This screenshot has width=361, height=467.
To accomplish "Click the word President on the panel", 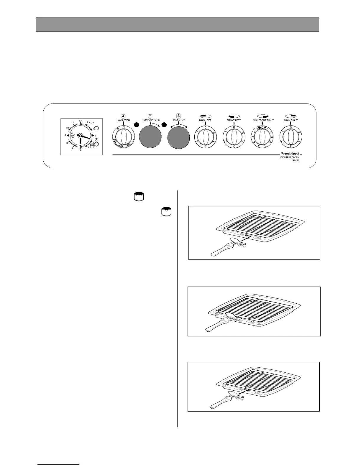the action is [289, 154].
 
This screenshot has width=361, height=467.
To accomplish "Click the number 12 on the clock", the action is [80, 121].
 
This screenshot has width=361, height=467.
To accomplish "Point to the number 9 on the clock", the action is [65, 135].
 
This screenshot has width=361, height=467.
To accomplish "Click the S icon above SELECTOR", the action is [179, 116].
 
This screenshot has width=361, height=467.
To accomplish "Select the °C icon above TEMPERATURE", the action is [150, 116].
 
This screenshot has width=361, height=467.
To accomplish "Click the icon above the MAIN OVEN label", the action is [123, 116].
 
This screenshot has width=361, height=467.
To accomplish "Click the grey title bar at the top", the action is [177, 24].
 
